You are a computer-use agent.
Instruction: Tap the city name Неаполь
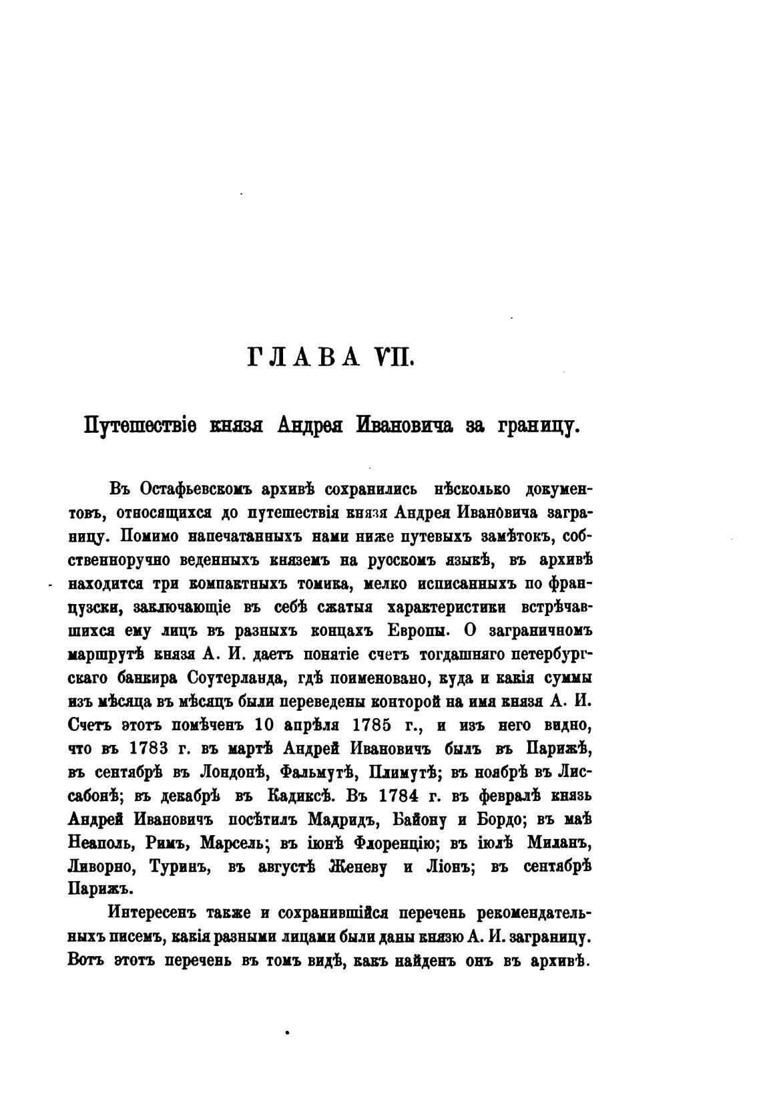101,843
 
